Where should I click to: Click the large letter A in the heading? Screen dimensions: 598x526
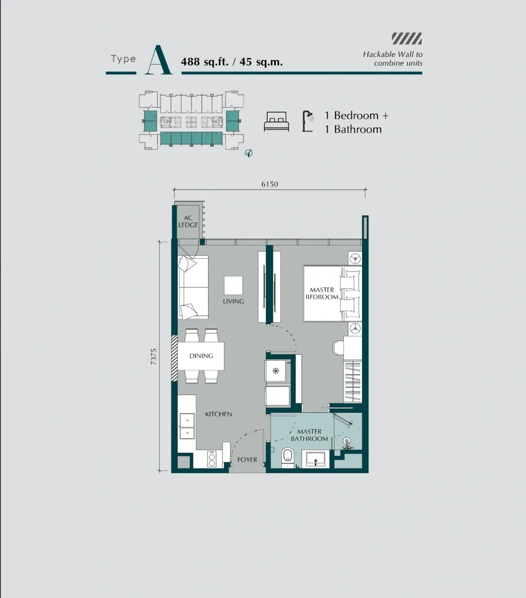(x=158, y=60)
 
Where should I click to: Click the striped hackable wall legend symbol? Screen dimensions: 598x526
(x=406, y=38)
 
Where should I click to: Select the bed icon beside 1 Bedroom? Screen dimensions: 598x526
(x=276, y=122)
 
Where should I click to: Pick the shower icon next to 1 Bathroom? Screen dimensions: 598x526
(x=307, y=121)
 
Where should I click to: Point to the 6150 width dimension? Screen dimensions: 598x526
(x=270, y=184)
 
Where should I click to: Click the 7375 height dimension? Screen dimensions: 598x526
(x=154, y=356)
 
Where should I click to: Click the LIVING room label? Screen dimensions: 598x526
(x=233, y=301)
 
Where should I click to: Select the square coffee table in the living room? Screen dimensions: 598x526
(x=233, y=285)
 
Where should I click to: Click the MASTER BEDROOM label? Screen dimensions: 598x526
(x=322, y=293)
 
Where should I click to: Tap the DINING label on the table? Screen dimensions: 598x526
(x=201, y=356)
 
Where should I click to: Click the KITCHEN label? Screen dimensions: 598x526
(x=218, y=414)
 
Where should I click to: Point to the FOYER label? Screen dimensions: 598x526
(x=247, y=460)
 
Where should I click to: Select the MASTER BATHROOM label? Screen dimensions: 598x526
(x=309, y=435)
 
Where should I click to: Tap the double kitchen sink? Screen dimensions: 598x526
(x=187, y=426)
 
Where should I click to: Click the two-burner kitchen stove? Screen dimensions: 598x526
(x=212, y=459)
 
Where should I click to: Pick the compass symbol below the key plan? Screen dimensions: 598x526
(x=248, y=153)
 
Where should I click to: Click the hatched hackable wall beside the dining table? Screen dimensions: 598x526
(x=174, y=358)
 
